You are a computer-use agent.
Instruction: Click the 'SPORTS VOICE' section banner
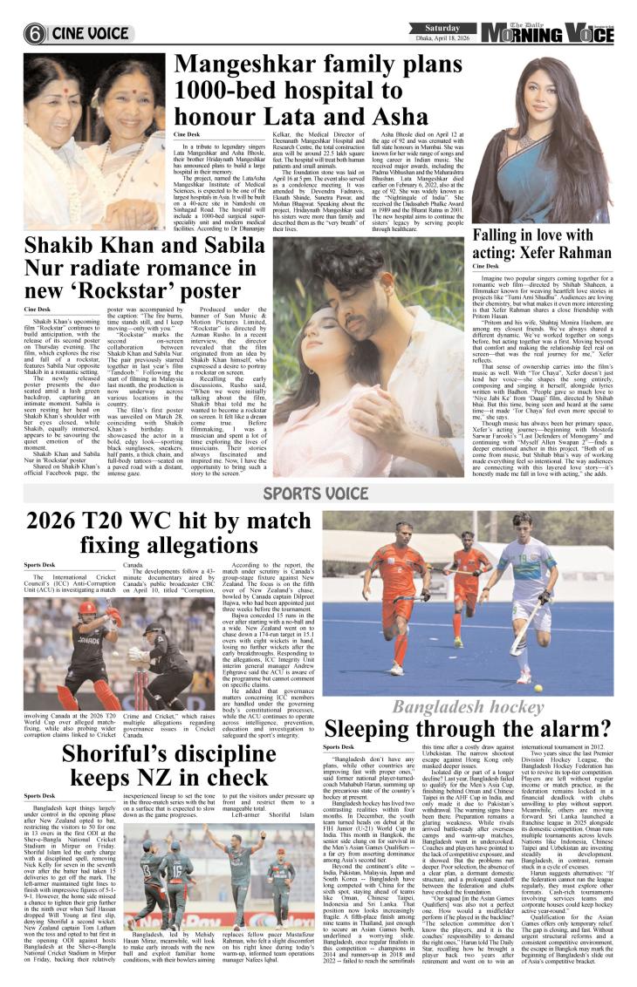point(316,493)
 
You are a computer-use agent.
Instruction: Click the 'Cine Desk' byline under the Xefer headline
point(486,265)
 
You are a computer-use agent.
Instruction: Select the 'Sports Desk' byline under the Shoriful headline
point(39,795)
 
